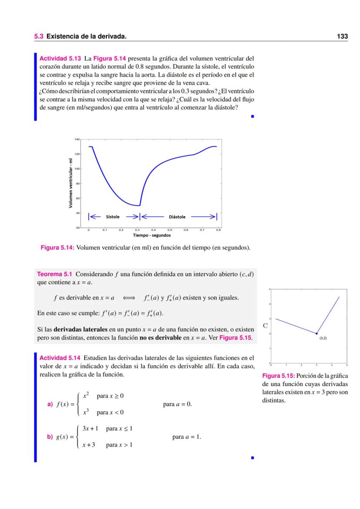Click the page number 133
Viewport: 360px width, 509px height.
click(x=343, y=37)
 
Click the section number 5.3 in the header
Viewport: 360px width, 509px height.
click(x=39, y=37)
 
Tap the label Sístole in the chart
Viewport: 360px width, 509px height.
click(x=113, y=217)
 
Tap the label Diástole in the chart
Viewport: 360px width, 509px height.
click(x=177, y=217)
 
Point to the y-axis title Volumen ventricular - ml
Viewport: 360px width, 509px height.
click(x=70, y=183)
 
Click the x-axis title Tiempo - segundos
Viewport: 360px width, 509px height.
click(x=151, y=236)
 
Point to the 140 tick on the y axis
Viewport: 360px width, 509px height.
click(x=77, y=140)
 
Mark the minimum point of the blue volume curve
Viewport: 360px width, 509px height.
click(x=139, y=206)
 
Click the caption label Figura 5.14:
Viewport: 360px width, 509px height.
click(x=57, y=247)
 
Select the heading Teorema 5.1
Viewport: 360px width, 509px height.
click(x=55, y=274)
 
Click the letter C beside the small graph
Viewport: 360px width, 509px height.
click(x=265, y=325)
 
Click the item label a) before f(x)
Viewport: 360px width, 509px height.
click(x=50, y=404)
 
